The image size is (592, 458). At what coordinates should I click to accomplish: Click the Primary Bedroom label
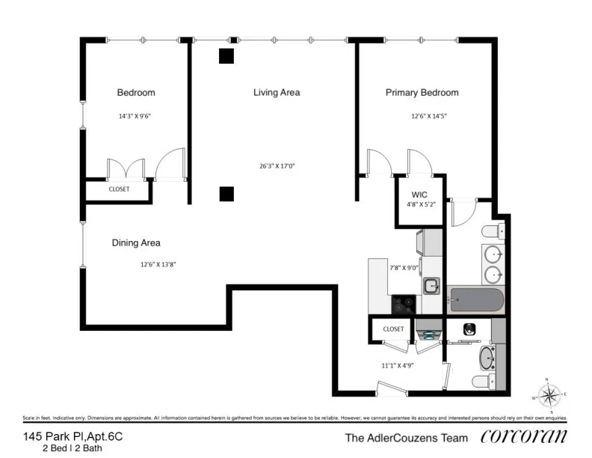(422, 93)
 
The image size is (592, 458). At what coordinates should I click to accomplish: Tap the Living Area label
(277, 93)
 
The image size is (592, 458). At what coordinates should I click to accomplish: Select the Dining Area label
(136, 243)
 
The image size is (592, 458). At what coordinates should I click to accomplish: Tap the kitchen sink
(431, 285)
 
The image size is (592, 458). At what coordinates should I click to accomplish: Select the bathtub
(475, 300)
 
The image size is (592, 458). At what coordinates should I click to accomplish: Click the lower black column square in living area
(226, 195)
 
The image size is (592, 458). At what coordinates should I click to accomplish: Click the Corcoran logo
(523, 437)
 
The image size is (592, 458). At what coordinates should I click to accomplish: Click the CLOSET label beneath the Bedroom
(119, 189)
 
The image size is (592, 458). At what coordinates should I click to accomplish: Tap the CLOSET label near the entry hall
(393, 329)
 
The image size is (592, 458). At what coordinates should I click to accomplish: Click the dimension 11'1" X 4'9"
(398, 366)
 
